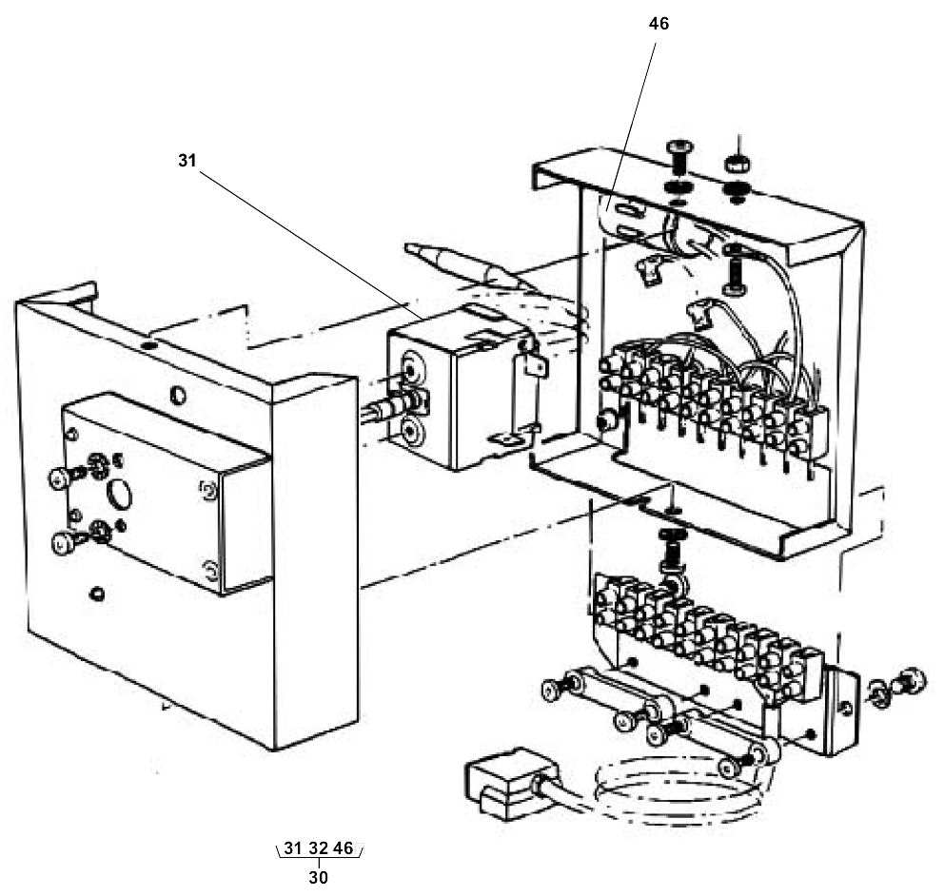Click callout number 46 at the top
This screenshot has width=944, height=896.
coord(659,24)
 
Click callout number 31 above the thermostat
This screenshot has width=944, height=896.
coord(187,161)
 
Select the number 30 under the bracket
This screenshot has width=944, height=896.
coord(318,877)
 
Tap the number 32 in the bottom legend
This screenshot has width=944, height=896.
coord(318,847)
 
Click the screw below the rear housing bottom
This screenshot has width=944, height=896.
coord(671,546)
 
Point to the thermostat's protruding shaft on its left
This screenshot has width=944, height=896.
coord(375,413)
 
